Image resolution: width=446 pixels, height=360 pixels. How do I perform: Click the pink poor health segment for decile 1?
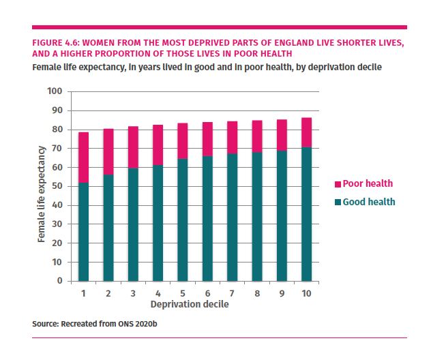pyautogui.click(x=83, y=157)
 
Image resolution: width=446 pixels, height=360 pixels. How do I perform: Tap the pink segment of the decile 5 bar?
pyautogui.click(x=183, y=141)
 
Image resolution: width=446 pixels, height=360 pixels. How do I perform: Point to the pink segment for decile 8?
pyautogui.click(x=257, y=136)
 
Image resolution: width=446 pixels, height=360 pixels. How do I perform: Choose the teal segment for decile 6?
pyautogui.click(x=207, y=218)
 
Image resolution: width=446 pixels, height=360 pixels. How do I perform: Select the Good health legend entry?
pyautogui.click(x=368, y=202)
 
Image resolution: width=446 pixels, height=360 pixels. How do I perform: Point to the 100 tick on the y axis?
pyautogui.click(x=55, y=91)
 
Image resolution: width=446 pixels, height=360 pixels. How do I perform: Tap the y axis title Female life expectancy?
pyautogui.click(x=42, y=194)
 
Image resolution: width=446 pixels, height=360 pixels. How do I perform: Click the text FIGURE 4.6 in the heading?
pyautogui.click(x=55, y=43)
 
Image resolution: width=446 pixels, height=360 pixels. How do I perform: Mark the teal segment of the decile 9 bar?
pyautogui.click(x=282, y=215)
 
